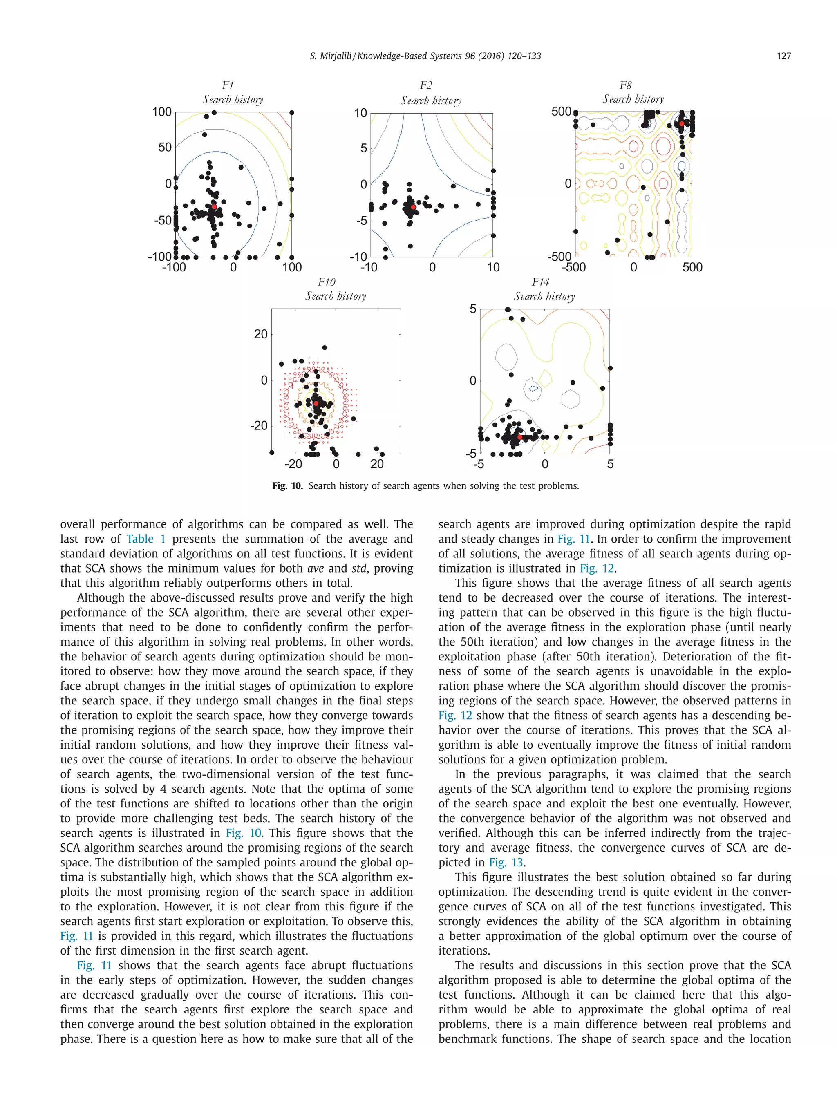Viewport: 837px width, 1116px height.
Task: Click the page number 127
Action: [783, 56]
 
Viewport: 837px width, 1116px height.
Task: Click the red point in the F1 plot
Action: [213, 207]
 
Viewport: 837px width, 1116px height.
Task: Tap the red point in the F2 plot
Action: [413, 207]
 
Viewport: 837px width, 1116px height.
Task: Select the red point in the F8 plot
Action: [681, 123]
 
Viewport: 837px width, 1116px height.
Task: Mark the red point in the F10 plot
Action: [316, 403]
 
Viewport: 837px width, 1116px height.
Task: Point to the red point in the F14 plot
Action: [520, 437]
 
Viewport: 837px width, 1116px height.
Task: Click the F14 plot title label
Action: [540, 282]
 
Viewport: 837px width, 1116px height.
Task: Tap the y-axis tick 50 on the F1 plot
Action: [165, 148]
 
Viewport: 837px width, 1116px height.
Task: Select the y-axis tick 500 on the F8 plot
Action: [561, 112]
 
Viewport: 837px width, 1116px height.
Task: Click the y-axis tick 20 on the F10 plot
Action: [261, 334]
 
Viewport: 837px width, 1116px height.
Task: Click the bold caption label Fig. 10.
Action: [287, 486]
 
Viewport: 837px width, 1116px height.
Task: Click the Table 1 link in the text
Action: [146, 539]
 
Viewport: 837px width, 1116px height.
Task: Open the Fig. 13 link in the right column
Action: [506, 862]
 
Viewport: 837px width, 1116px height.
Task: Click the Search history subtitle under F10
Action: [336, 296]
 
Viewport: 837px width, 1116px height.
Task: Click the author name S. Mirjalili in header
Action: [331, 56]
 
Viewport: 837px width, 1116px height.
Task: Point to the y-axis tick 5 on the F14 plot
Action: [473, 309]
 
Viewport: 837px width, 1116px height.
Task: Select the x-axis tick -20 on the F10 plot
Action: [293, 464]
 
